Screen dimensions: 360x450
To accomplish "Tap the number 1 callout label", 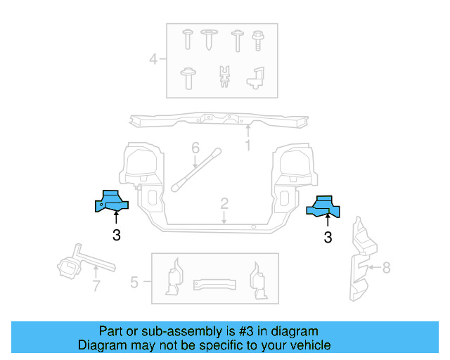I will click(x=247, y=146).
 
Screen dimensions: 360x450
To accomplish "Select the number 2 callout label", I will click(x=224, y=204).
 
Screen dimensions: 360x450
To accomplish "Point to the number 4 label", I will click(x=153, y=59).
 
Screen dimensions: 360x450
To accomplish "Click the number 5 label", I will click(x=134, y=283).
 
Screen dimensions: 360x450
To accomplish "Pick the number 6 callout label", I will click(x=195, y=148).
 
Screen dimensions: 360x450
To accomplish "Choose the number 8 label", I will click(x=385, y=267).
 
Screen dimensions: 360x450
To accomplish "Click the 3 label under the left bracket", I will click(x=116, y=236).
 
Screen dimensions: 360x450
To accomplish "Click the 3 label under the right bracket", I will click(x=328, y=238).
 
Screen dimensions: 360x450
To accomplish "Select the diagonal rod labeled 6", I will click(x=197, y=169).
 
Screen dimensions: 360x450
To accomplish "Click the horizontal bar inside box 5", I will click(x=214, y=283).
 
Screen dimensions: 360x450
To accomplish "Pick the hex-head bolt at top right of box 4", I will click(x=258, y=39).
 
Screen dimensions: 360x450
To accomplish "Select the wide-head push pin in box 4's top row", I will click(x=210, y=39).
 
